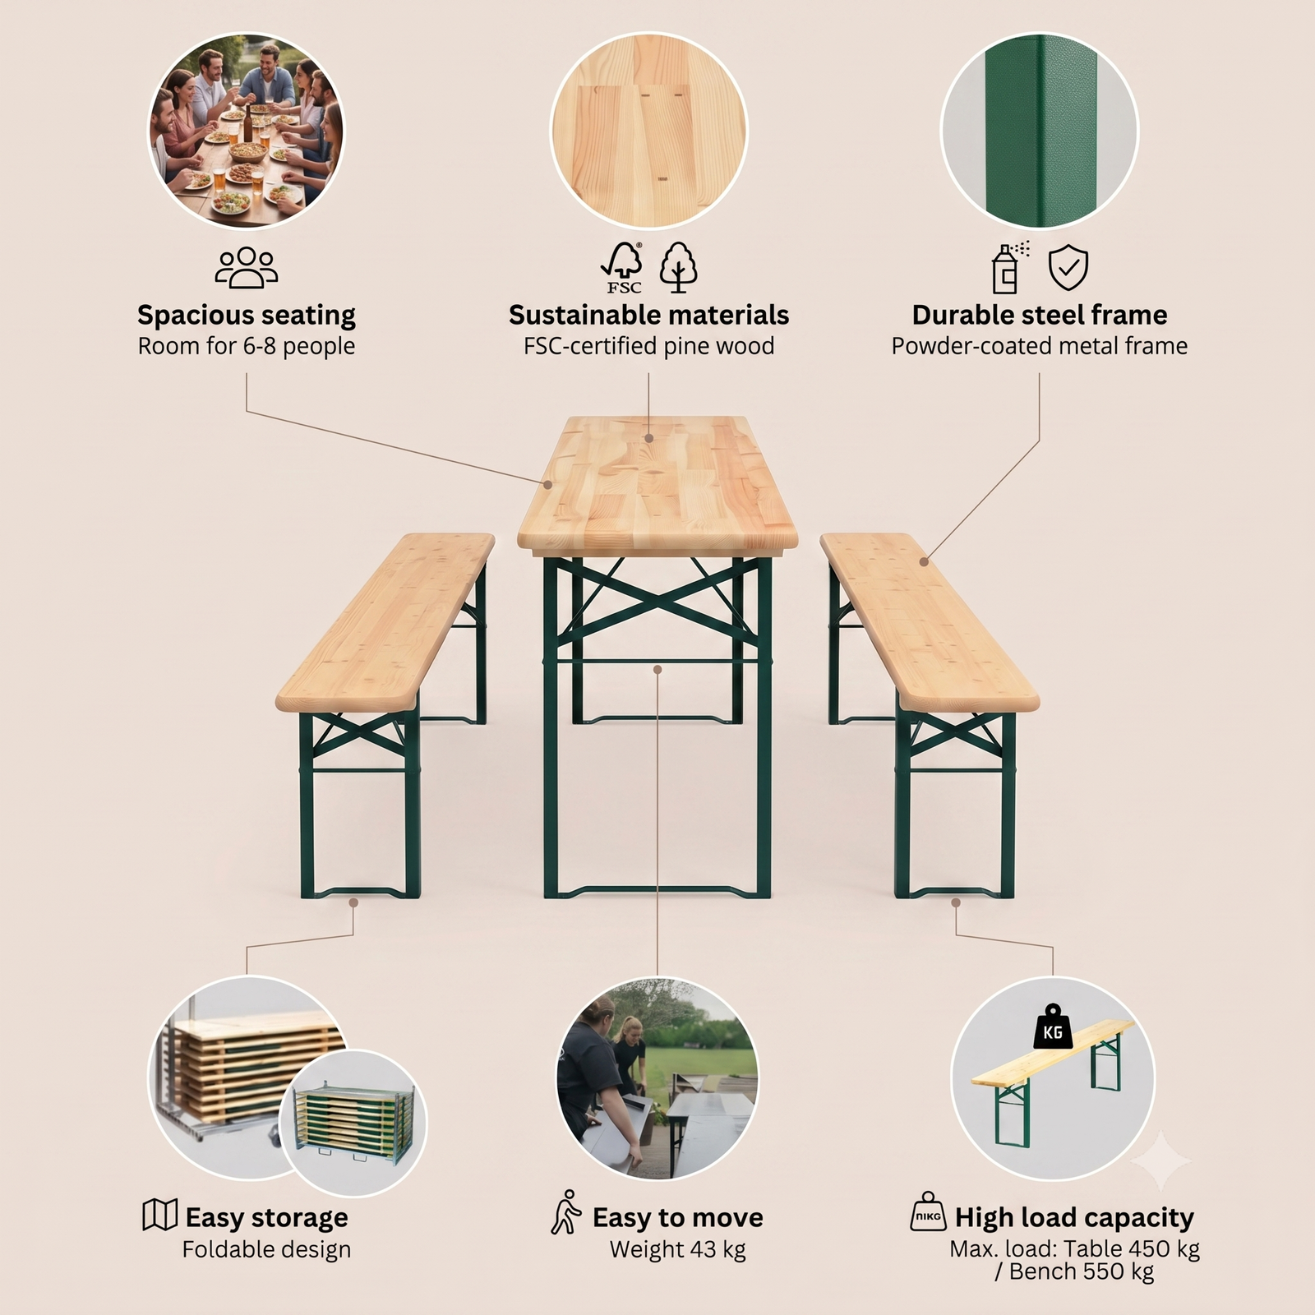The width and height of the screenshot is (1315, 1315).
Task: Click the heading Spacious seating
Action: tap(247, 315)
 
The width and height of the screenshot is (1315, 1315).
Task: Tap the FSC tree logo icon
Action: tap(623, 268)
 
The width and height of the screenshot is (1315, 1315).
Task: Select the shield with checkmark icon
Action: tap(1068, 268)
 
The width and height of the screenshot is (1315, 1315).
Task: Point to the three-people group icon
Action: tap(247, 268)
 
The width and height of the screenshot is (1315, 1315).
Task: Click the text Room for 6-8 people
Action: tap(247, 346)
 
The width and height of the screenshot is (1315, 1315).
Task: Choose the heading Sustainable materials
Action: tap(649, 315)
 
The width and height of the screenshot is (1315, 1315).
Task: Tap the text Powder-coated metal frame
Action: tap(1040, 346)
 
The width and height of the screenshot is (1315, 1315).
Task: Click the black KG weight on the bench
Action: tap(1052, 1027)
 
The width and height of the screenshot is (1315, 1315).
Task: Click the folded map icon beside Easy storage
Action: tap(159, 1214)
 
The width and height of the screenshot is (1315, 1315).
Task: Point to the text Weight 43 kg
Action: tap(677, 1250)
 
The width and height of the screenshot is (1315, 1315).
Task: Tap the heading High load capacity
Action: tap(1074, 1217)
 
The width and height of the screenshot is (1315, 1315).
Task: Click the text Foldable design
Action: tap(266, 1250)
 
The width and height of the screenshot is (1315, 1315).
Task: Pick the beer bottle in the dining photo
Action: tap(247, 125)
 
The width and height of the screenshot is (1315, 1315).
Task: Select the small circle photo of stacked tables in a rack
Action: tap(353, 1123)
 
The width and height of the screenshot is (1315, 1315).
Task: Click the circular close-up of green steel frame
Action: tap(1039, 130)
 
